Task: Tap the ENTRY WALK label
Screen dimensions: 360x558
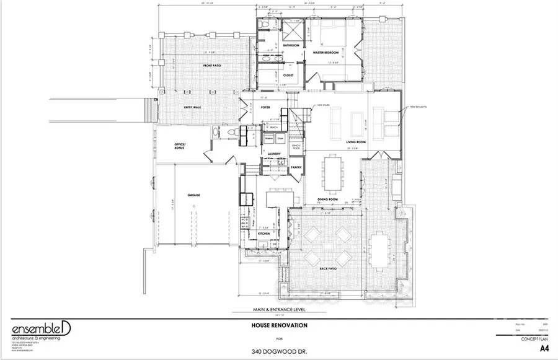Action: [192, 107]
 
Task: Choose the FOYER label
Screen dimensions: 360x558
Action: [265, 107]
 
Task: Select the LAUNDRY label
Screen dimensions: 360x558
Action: [274, 154]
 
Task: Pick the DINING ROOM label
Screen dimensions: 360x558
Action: [327, 199]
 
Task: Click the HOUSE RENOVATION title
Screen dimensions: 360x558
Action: [278, 325]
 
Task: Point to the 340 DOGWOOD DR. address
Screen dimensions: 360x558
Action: [278, 351]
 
